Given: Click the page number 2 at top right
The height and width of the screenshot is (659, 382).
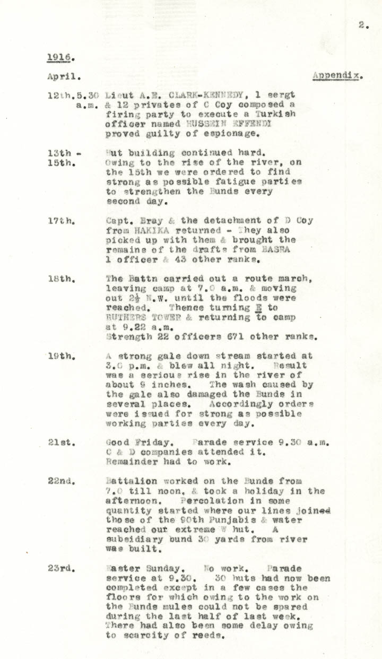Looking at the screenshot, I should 362,24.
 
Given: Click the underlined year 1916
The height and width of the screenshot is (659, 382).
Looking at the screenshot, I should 57,57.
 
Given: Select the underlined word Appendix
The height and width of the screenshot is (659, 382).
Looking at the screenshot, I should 337,75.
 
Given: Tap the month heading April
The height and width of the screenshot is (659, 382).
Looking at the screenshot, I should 64,76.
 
